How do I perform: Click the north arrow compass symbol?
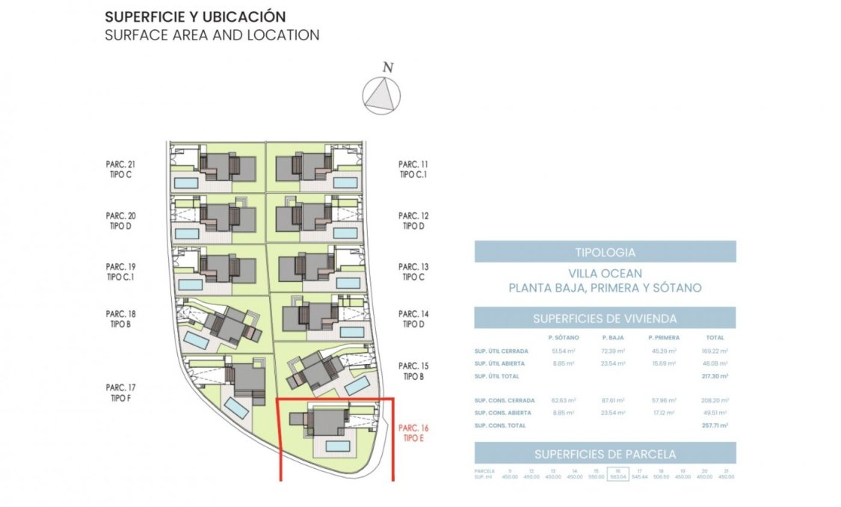tap(381, 95)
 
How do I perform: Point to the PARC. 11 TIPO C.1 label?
tap(413, 170)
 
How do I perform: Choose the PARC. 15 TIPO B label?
tap(413, 371)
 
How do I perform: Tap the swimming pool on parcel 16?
tap(339, 446)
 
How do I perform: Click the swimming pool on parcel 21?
tap(186, 182)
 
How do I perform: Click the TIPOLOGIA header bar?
tap(605, 252)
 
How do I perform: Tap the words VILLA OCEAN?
tap(605, 274)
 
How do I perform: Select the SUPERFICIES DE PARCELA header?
tap(605, 454)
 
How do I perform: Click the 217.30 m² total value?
tap(715, 376)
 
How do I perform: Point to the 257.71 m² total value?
tap(715, 425)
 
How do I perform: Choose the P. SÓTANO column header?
tap(562, 338)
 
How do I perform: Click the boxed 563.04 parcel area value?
tap(617, 474)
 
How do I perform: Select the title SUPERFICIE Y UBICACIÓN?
tap(195, 16)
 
